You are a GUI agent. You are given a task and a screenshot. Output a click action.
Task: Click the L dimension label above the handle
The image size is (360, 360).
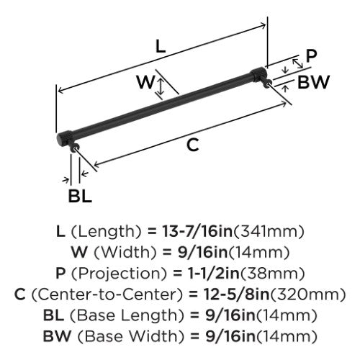(x=161, y=46)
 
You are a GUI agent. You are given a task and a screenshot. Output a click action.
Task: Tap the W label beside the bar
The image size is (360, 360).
(x=145, y=82)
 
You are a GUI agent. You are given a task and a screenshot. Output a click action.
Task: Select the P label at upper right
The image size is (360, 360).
(x=312, y=56)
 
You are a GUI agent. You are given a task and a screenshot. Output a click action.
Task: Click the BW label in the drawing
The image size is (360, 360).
(x=313, y=82)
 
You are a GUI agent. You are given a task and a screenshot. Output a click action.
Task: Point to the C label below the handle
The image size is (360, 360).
(x=193, y=145)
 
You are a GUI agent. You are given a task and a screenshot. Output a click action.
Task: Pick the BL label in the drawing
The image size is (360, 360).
(x=80, y=196)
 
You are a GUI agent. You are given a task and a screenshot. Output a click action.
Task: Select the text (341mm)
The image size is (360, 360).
(x=269, y=232)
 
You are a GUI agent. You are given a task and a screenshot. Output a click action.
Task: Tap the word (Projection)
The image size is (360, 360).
(x=122, y=274)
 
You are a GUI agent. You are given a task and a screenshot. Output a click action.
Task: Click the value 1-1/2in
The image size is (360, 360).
(x=214, y=274)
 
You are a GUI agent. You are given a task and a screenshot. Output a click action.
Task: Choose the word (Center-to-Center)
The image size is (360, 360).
(x=107, y=294)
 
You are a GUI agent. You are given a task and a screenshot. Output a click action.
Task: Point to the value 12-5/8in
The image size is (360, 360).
(x=237, y=294)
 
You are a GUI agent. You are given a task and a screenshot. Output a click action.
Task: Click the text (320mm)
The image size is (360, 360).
(x=308, y=294)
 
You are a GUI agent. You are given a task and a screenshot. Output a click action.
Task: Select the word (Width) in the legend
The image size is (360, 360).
(x=125, y=253)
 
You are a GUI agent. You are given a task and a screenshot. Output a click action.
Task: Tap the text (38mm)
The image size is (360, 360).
(x=272, y=274)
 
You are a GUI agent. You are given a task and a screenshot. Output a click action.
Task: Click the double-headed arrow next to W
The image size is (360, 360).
(x=161, y=87)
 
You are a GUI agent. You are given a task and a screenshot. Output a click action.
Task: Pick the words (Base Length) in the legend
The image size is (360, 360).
(x=123, y=315)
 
